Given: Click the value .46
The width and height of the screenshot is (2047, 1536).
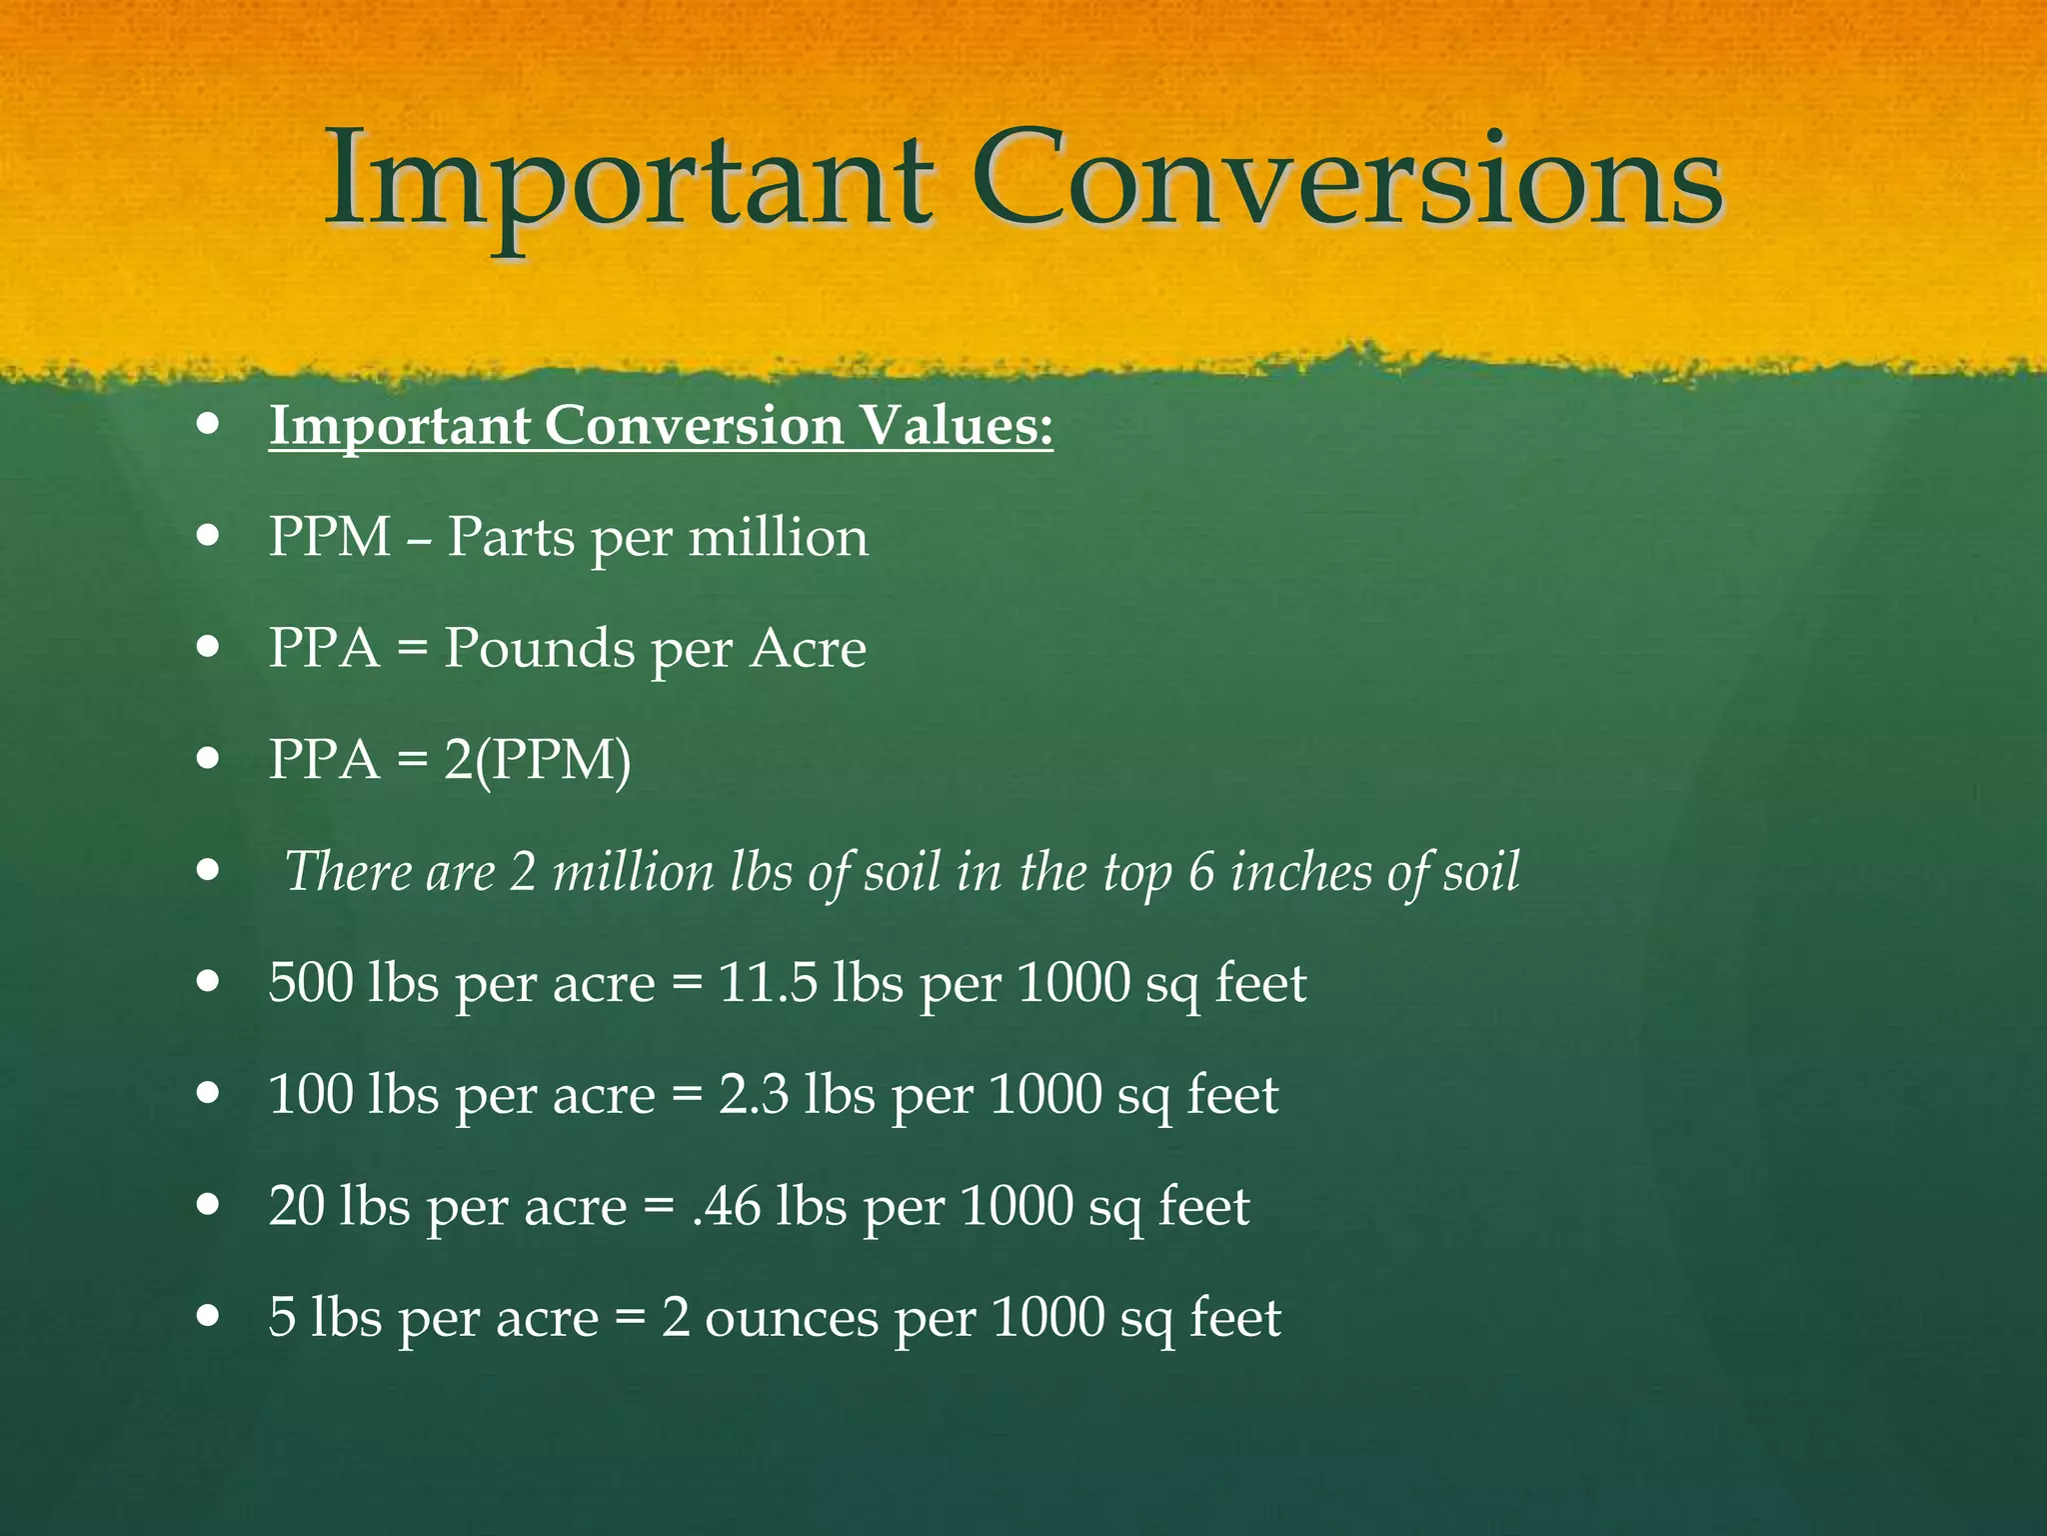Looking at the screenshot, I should point(726,1206).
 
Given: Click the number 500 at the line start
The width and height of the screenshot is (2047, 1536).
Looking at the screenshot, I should point(311,983).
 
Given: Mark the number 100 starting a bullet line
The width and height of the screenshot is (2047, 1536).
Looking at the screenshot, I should point(311,1094).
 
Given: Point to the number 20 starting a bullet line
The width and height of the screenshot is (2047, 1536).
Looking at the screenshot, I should point(297,1206).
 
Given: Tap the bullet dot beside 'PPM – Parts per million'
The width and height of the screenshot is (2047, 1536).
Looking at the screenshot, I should point(208,535).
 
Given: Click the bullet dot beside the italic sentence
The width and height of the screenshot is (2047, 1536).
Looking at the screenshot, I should point(208,869).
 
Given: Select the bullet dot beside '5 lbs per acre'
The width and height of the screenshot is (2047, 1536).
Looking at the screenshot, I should point(208,1314).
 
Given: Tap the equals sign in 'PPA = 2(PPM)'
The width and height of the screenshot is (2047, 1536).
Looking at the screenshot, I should point(412,761).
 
